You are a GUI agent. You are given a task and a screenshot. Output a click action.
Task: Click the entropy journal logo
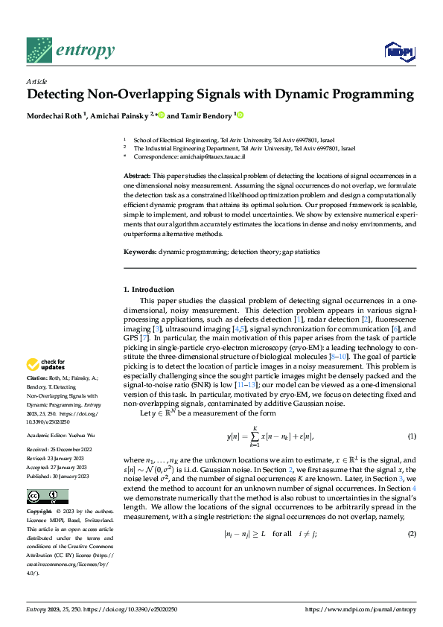click(71, 50)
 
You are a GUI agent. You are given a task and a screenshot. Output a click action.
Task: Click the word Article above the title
click(36, 81)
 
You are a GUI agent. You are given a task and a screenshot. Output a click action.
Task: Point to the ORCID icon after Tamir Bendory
click(240, 115)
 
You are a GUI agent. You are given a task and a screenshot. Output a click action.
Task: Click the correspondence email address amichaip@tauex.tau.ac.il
click(213, 157)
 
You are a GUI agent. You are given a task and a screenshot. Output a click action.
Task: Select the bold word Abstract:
click(137, 175)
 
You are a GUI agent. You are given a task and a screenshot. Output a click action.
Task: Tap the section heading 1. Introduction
click(149, 289)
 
